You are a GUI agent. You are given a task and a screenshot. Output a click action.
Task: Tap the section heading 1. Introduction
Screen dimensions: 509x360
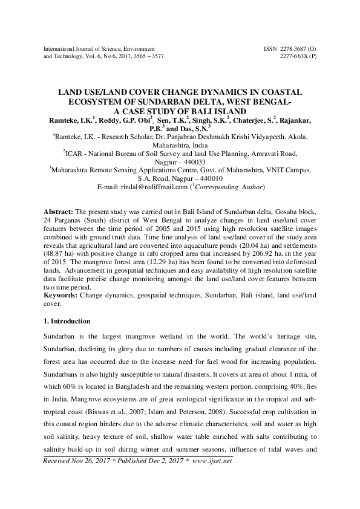(68, 320)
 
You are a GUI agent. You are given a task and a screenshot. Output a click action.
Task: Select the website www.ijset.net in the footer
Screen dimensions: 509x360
(214, 461)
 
